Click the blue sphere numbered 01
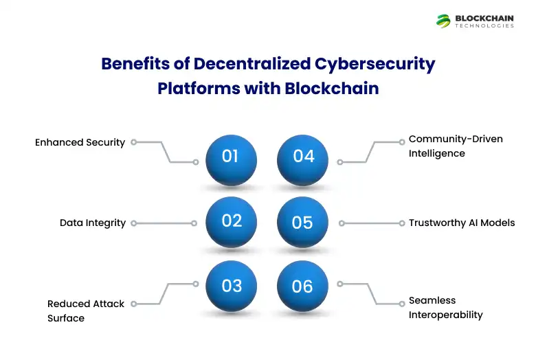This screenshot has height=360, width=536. [x=231, y=159]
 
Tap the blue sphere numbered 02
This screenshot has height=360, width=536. [x=231, y=222]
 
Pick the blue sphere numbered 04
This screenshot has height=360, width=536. [x=303, y=159]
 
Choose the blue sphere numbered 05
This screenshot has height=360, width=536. [x=303, y=222]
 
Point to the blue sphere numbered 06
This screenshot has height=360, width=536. [x=303, y=286]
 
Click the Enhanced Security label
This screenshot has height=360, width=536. [x=80, y=142]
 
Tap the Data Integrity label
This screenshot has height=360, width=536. [x=93, y=223]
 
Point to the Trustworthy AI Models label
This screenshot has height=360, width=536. [x=461, y=223]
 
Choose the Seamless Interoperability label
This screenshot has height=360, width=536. [x=445, y=308]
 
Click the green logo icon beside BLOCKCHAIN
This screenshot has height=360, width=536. [x=443, y=21]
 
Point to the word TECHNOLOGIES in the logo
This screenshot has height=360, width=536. [x=484, y=26]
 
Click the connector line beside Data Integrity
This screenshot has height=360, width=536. [x=164, y=223]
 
